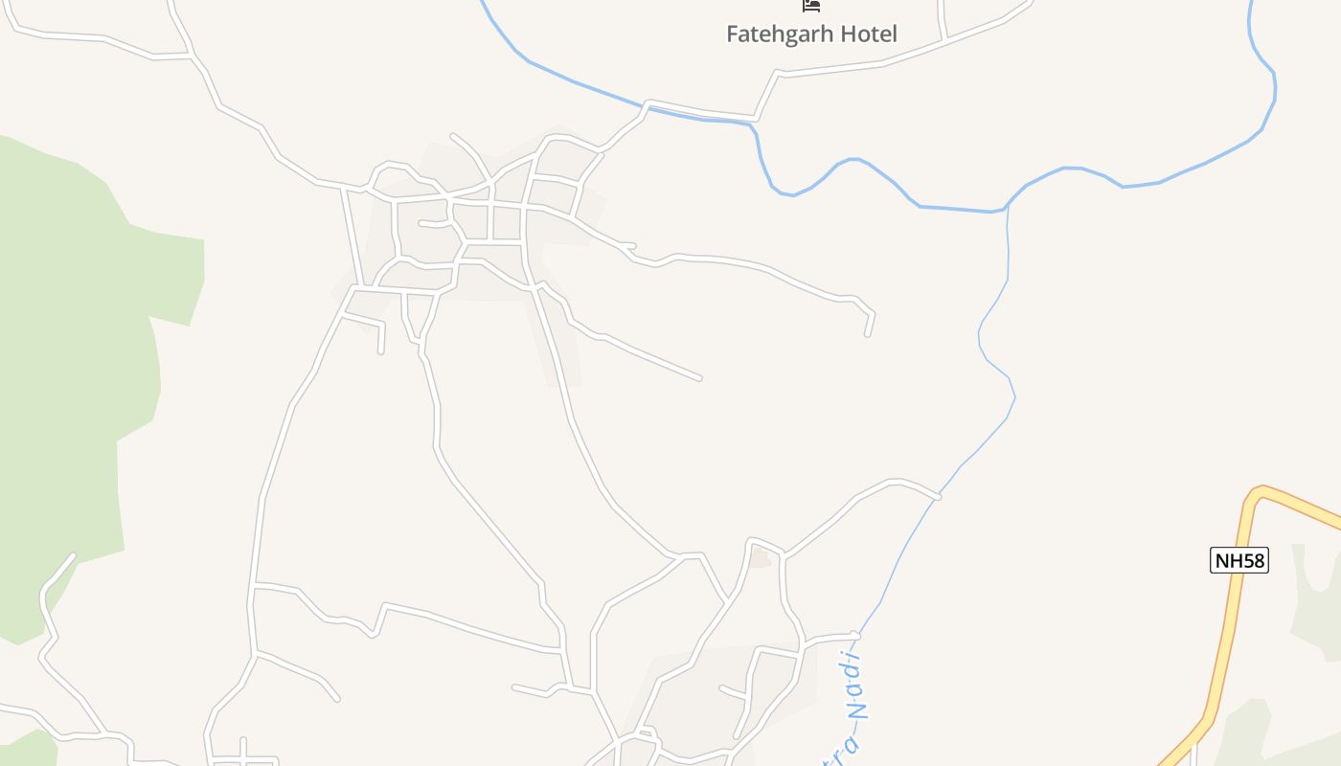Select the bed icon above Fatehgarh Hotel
pos(811,6)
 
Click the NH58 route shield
pos(1239,560)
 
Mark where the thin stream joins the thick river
pos(1007,208)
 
